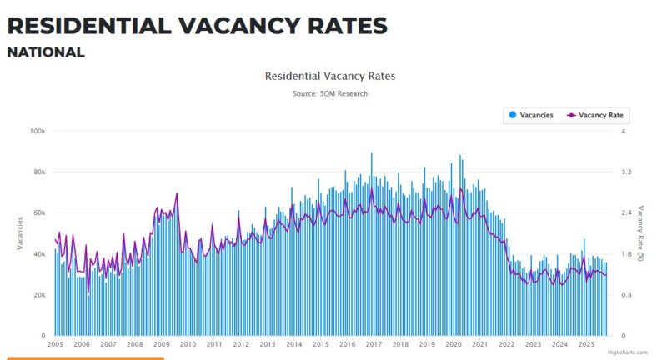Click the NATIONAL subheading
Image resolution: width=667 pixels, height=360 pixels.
(46, 52)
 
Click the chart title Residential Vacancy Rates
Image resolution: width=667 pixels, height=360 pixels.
(330, 76)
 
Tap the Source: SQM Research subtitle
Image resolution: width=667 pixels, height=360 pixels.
(330, 93)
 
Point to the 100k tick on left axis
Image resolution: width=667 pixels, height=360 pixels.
(37, 131)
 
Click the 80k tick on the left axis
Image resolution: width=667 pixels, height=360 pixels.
(38, 172)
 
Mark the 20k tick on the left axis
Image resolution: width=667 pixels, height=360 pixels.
(38, 295)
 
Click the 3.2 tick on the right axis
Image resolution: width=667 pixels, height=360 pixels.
(627, 172)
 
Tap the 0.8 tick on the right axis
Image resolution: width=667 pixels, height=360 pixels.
(627, 295)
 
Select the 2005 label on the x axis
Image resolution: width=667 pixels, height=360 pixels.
(55, 344)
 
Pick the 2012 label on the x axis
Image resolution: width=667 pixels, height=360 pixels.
(241, 344)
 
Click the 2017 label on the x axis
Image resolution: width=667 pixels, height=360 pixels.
(374, 344)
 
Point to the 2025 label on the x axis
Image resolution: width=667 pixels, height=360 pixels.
(586, 344)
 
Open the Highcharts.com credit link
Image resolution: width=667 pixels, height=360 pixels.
(627, 352)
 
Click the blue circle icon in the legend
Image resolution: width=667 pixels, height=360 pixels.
(512, 115)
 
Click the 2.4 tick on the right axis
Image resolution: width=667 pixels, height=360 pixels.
(627, 212)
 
